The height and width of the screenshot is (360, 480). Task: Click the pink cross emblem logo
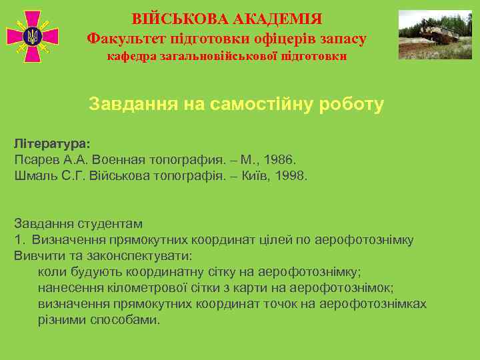(32, 36)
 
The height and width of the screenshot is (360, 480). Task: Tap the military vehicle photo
(434, 34)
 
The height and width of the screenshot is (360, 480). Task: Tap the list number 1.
(19, 240)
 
